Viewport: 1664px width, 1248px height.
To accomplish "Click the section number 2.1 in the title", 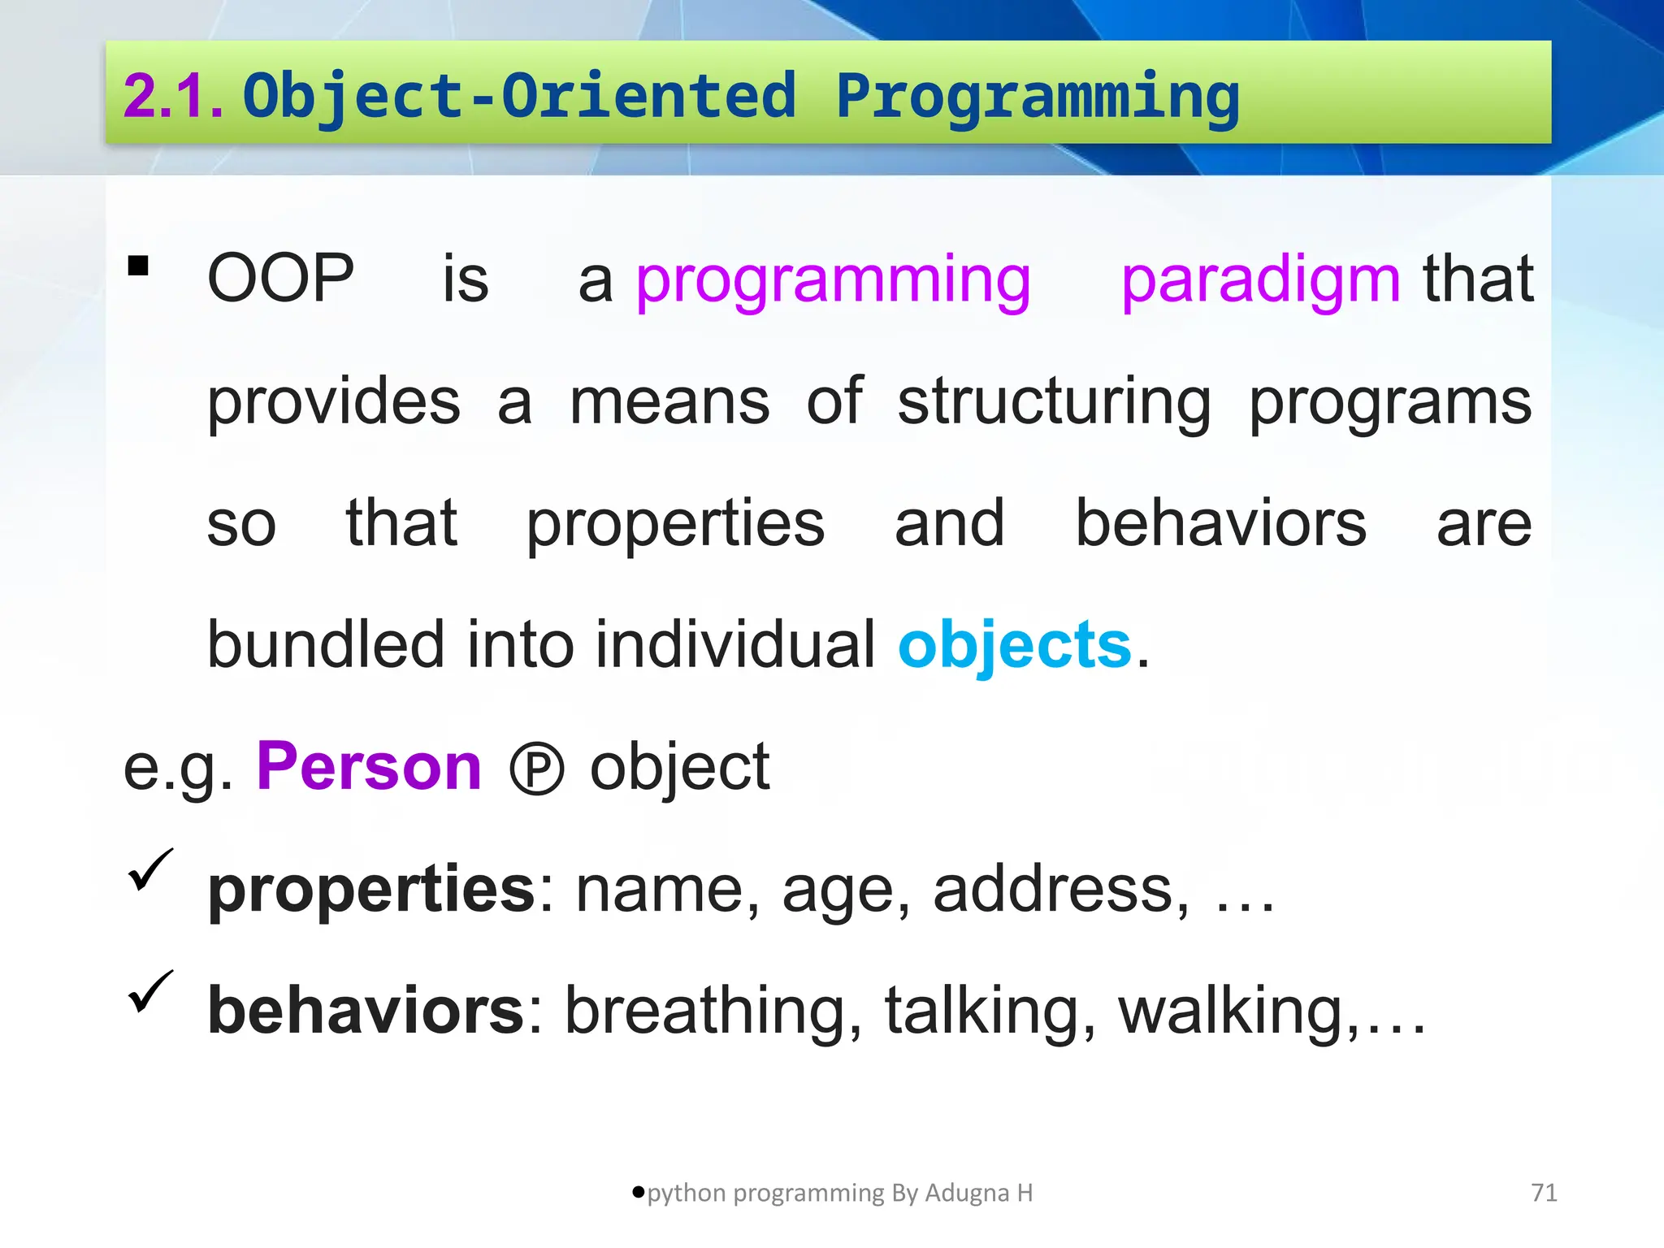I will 172,96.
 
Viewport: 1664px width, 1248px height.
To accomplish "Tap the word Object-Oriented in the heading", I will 518,96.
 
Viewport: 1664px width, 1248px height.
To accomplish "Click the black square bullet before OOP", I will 138,266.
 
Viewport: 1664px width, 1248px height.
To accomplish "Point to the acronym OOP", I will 280,279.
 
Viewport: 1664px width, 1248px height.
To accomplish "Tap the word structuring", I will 1054,402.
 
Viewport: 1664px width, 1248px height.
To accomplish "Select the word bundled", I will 326,644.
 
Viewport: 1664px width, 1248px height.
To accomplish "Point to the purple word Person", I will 369,766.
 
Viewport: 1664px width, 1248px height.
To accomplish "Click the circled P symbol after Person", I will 536,769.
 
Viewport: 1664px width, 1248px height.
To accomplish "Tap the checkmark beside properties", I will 150,869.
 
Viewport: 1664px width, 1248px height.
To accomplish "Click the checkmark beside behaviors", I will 150,991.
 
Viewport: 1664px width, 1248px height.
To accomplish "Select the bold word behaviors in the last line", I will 366,1011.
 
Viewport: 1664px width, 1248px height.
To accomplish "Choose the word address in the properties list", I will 1054,889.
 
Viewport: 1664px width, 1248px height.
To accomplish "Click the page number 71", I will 1544,1193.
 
